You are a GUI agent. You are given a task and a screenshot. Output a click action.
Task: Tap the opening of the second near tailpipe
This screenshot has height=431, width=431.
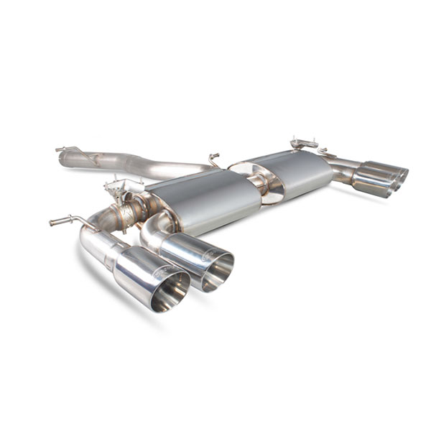coord(218,272)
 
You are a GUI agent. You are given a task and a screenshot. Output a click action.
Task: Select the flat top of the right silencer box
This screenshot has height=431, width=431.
coord(295,162)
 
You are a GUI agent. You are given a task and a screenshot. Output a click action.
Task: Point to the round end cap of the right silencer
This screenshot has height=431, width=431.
coord(272,186)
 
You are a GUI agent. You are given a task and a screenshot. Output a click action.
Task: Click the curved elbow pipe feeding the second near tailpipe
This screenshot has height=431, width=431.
coord(154,228)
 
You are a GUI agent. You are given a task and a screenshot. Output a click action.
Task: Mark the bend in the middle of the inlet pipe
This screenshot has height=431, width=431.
coord(129,164)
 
